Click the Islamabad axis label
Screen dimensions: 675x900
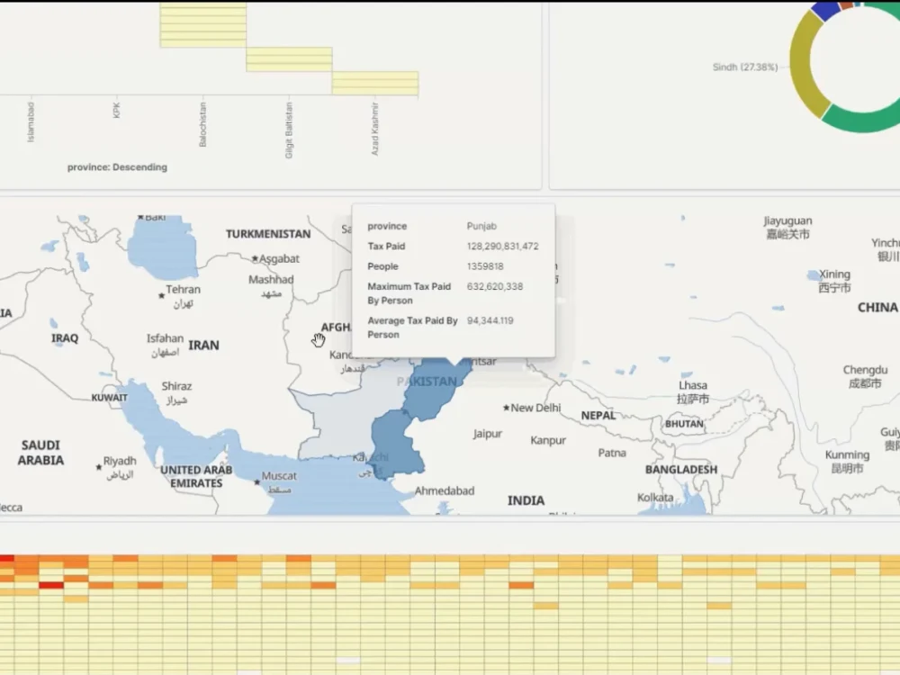pos(31,122)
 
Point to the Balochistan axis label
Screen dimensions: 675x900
pos(203,123)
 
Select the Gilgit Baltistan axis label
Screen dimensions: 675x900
pos(290,129)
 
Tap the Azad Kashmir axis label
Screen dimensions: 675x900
pos(376,129)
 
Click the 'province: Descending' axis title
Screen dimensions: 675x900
pos(117,166)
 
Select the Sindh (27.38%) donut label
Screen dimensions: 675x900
pos(744,67)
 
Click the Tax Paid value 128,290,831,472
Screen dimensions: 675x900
pos(502,246)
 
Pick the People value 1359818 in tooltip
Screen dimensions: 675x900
pos(485,266)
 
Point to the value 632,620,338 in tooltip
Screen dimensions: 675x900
pos(494,286)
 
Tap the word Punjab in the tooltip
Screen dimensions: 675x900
pos(481,226)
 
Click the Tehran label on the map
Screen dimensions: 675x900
pos(183,290)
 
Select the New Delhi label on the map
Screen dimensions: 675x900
pos(535,408)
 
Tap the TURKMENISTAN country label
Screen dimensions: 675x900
pos(268,234)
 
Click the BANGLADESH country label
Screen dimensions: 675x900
pos(681,470)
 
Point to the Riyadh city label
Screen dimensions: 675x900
pos(120,461)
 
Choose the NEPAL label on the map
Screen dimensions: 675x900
pos(598,416)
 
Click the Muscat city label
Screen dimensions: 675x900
pos(278,476)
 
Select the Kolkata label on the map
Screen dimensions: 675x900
pos(655,498)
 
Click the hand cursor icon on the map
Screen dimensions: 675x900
pos(318,339)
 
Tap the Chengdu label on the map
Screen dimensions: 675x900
pos(864,370)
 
